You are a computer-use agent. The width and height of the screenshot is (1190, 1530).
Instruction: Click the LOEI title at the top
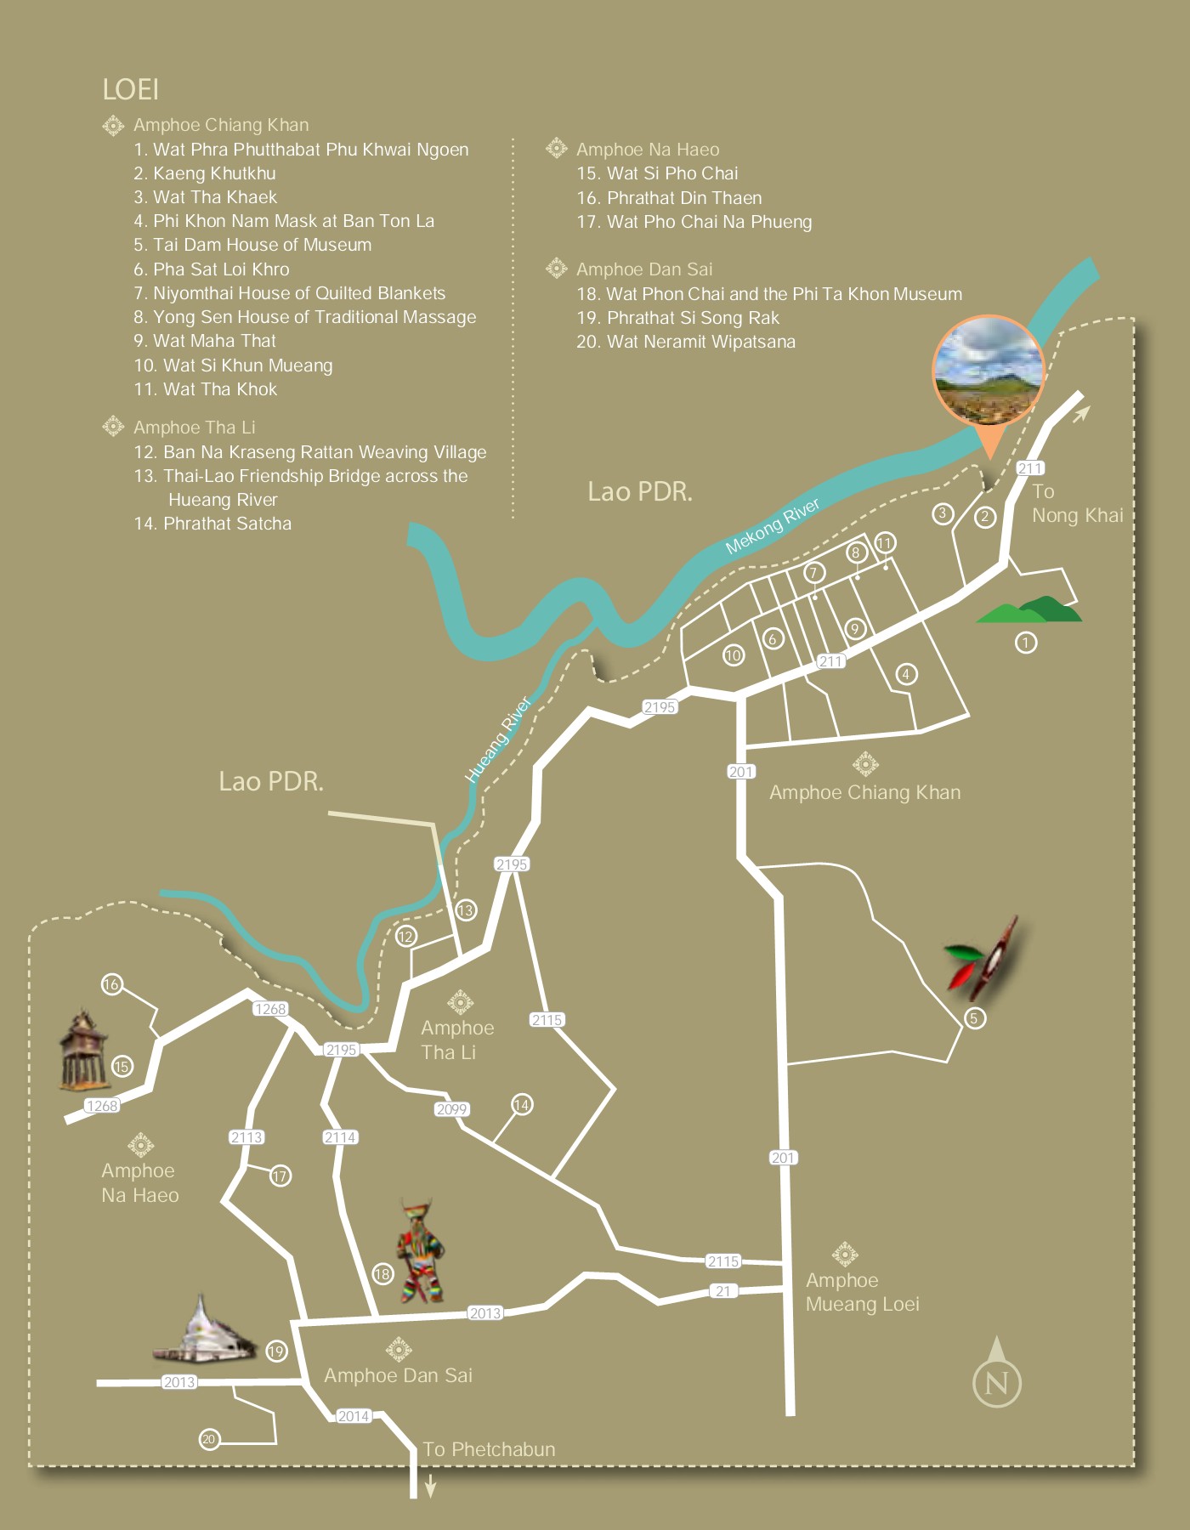click(130, 89)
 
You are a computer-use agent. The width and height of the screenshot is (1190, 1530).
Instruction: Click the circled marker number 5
click(974, 1017)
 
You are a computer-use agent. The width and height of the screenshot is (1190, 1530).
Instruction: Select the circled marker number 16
click(111, 984)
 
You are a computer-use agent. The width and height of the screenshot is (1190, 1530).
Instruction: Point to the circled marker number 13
click(465, 910)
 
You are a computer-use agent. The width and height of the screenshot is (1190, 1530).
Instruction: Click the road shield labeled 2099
click(451, 1108)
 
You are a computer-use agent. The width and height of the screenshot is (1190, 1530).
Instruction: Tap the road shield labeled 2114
click(339, 1136)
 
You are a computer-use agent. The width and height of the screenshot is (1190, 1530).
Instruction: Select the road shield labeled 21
click(722, 1290)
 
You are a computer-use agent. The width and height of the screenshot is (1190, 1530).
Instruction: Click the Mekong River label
click(772, 525)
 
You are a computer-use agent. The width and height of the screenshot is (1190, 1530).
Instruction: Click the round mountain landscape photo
click(988, 371)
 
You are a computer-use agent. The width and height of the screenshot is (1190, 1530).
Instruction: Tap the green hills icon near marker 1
click(1029, 610)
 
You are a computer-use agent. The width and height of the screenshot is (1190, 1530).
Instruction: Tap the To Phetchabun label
click(489, 1449)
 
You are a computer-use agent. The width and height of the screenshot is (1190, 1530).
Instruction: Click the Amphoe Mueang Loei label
click(862, 1292)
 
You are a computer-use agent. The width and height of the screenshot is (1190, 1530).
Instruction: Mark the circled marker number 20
click(208, 1439)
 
